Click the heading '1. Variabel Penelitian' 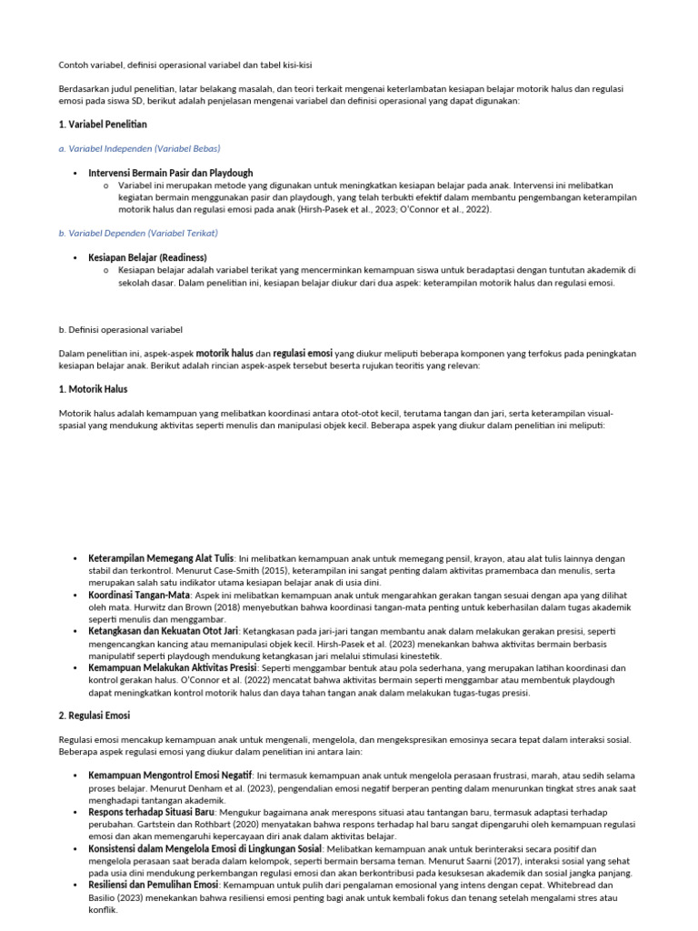pyautogui.click(x=104, y=124)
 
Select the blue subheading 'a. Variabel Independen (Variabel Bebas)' pyautogui.click(x=140, y=147)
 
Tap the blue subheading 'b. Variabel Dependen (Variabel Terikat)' pyautogui.click(x=138, y=233)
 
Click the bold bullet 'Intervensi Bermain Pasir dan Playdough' pyautogui.click(x=171, y=173)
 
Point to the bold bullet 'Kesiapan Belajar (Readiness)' pyautogui.click(x=148, y=258)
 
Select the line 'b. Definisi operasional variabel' pyautogui.click(x=121, y=329)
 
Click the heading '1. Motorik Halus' pyautogui.click(x=94, y=389)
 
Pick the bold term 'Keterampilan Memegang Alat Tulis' pyautogui.click(x=161, y=557)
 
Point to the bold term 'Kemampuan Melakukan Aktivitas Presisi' pyautogui.click(x=173, y=667)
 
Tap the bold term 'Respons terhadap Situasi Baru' pyautogui.click(x=153, y=811)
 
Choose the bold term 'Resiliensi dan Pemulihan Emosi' pyautogui.click(x=154, y=884)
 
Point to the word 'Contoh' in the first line pyautogui.click(x=75, y=65)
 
